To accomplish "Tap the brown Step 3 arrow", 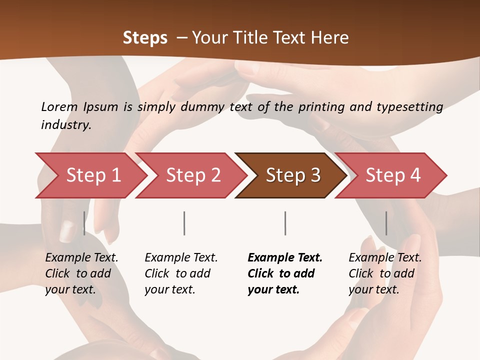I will pos(293,175).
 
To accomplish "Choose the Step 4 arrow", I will pos(393,175).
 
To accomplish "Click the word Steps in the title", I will pos(145,38).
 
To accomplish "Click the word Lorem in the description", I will pos(59,106).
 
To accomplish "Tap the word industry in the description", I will pos(65,124).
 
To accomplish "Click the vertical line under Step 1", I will pos(84,223).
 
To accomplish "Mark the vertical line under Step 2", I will pos(184,223).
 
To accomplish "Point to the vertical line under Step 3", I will pos(285,223).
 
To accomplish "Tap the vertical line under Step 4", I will pos(386,223).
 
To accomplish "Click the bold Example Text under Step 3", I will pos(285,258).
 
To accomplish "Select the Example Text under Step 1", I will pos(81,258).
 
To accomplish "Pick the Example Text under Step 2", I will pos(181,258).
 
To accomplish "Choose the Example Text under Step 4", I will pos(385,258).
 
